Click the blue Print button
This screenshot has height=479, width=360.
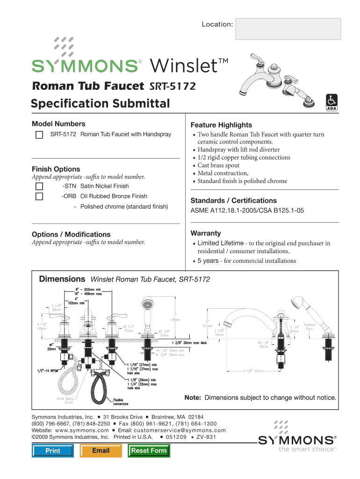[x=53, y=451]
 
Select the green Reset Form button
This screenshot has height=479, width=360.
[x=149, y=450]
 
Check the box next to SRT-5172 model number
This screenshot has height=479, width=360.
[x=40, y=135]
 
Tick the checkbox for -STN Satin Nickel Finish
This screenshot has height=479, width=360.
[x=40, y=186]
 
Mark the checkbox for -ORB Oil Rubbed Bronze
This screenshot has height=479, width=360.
[x=40, y=196]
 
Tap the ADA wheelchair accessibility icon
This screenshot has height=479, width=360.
[x=331, y=102]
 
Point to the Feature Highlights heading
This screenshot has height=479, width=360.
[x=221, y=125]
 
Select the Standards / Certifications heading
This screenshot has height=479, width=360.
[x=233, y=200]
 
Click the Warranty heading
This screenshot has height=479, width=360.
[x=206, y=233]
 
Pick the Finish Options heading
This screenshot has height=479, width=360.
[x=56, y=169]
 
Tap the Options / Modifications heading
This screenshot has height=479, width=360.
[x=71, y=234]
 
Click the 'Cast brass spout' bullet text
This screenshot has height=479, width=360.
[x=218, y=165]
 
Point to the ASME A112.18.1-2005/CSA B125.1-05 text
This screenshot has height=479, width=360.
[x=247, y=211]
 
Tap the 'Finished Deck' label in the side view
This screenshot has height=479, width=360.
[x=310, y=327]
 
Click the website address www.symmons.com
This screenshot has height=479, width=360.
[x=82, y=430]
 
